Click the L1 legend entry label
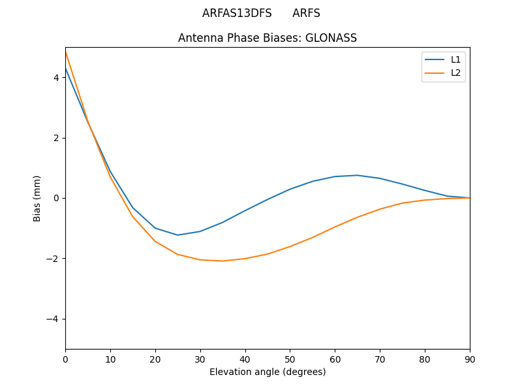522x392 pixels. click(x=455, y=59)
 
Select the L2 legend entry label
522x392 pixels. click(x=455, y=73)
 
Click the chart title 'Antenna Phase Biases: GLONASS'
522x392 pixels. click(x=268, y=38)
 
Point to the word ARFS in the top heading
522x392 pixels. click(x=306, y=13)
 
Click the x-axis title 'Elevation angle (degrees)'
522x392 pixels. click(x=268, y=372)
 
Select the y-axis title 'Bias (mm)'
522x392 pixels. click(x=37, y=198)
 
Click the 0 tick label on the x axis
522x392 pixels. click(x=65, y=359)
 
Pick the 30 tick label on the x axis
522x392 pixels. click(x=200, y=359)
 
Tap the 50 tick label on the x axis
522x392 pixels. click(x=290, y=359)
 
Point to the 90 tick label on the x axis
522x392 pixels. click(x=470, y=359)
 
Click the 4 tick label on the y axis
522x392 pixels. click(x=57, y=78)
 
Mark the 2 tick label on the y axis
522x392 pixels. click(x=57, y=138)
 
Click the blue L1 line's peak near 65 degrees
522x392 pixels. click(x=358, y=175)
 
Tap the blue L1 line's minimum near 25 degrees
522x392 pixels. click(x=177, y=235)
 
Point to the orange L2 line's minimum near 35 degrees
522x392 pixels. click(x=223, y=261)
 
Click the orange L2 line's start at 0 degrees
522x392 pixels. click(x=66, y=52)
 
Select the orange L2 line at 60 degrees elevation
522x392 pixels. click(x=335, y=227)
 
